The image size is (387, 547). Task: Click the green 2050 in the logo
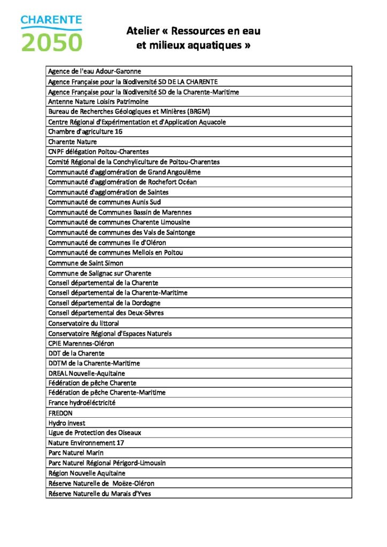51,42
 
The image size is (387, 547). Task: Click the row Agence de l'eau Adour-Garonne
95,71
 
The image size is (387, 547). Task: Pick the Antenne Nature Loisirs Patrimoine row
98,101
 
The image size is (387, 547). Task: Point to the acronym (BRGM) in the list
195,112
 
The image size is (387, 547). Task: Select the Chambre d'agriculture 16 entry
86,131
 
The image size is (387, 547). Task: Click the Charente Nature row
73,142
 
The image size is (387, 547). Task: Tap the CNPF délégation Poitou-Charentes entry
98,152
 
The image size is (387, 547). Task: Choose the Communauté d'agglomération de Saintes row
109,192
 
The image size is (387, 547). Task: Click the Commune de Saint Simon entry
86,263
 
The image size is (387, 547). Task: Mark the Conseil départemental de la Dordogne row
104,303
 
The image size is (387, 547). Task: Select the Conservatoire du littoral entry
83,323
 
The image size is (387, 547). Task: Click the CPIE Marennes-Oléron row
81,343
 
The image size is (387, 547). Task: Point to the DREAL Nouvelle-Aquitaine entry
87,373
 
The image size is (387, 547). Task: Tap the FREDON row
60,413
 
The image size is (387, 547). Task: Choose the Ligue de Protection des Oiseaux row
95,433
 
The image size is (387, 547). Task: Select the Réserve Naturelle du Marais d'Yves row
99,494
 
